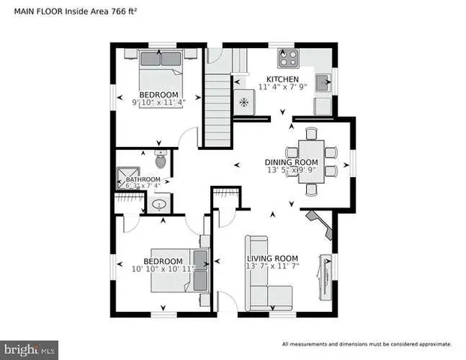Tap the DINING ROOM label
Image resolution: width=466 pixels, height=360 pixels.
pos(291,162)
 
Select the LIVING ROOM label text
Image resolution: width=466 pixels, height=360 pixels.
pos(272,259)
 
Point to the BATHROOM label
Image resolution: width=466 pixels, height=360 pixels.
pos(143,180)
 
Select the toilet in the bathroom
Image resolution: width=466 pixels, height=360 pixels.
pos(160,160)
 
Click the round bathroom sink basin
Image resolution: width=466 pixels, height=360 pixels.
pos(159,204)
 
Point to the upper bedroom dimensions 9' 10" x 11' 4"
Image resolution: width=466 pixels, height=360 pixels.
pos(159,103)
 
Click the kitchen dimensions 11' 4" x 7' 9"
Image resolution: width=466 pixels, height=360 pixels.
pos(283,88)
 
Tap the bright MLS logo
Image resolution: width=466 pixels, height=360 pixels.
pos(31,349)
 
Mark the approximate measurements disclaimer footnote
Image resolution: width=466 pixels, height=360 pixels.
pos(366,344)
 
